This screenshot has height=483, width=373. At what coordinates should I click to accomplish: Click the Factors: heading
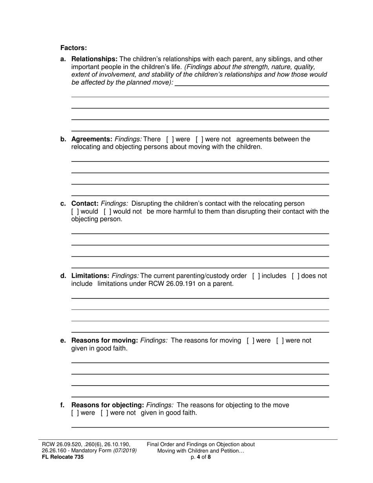tap(73, 48)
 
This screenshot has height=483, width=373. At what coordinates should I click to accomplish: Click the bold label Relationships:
tap(94, 59)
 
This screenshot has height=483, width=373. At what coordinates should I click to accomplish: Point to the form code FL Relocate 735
tap(63, 457)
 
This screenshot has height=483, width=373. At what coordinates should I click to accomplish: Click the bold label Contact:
tap(85, 204)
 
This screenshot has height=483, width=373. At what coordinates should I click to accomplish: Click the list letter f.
tap(62, 405)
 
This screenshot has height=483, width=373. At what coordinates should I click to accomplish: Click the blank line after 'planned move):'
tap(251, 83)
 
